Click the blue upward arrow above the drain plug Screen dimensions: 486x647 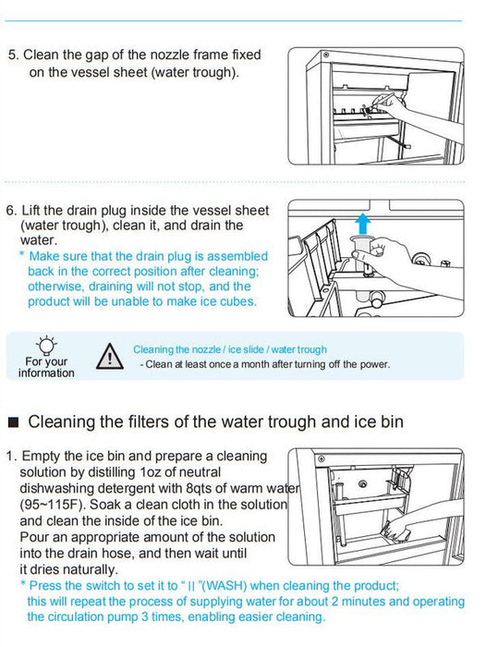[x=362, y=225]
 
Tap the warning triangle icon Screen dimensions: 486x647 [x=109, y=356]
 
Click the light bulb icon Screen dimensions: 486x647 [x=46, y=345]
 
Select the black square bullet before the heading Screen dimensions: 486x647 [x=14, y=422]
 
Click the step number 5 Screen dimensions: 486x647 [x=13, y=55]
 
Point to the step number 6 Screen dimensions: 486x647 [x=11, y=211]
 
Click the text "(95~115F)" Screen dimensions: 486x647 [x=53, y=505]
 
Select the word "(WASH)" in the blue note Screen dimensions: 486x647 [x=225, y=585]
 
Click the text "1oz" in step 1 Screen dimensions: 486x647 [x=150, y=472]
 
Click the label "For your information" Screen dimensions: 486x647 [x=46, y=367]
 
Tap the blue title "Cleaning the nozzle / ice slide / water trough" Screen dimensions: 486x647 [x=230, y=349]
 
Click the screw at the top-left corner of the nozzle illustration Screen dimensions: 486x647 [x=326, y=55]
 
